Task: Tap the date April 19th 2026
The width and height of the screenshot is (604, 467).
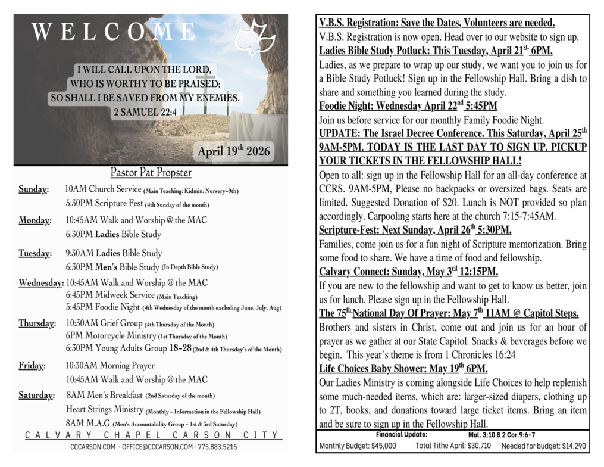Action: [x=234, y=151]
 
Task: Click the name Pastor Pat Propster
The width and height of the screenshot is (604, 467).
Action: [x=151, y=173]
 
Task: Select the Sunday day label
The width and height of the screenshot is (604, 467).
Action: [x=33, y=190]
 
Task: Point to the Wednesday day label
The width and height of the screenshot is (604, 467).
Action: [x=41, y=283]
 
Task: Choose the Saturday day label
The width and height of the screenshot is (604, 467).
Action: [x=36, y=395]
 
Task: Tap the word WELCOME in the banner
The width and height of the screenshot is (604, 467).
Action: [x=113, y=32]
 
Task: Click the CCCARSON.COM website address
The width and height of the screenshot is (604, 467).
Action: [x=92, y=446]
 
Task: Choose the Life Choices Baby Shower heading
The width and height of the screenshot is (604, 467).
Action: [x=403, y=368]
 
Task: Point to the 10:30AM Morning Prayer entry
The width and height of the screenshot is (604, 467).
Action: [x=110, y=365]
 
